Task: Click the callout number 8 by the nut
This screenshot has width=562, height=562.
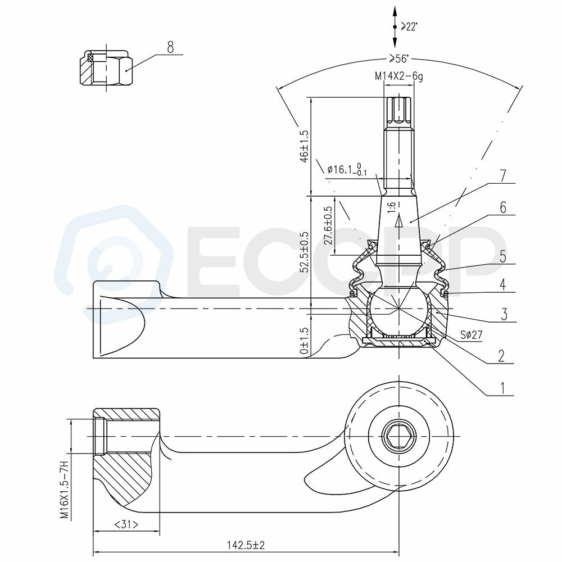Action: pos(170,47)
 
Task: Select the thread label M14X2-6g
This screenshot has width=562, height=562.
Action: pos(399,76)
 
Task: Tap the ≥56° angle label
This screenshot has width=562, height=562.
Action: pos(399,58)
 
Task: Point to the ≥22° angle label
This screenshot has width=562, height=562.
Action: pos(409,26)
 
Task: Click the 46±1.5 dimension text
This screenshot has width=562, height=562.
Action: pos(304,146)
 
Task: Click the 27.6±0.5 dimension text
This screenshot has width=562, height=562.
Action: pos(328,225)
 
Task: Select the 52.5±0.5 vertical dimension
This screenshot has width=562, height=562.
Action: pos(304,252)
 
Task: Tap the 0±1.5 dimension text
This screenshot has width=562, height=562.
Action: pos(304,341)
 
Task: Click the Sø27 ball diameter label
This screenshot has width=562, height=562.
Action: pos(472,335)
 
